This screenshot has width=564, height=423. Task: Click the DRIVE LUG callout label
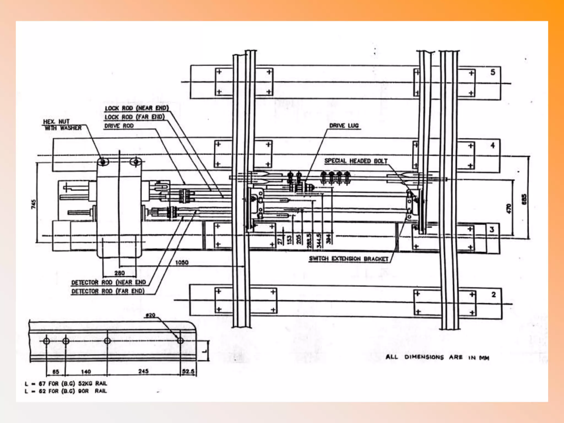[344, 126]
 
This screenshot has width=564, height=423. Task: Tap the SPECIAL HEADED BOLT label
[356, 161]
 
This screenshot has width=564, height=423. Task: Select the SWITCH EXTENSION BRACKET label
[348, 259]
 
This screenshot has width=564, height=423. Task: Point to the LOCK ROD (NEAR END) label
[137, 108]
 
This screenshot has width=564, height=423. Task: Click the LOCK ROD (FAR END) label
[135, 117]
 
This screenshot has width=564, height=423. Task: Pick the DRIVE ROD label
[119, 126]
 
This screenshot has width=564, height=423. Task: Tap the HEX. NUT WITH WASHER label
[62, 125]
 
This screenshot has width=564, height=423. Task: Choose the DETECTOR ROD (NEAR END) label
[109, 282]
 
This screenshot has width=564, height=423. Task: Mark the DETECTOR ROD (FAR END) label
[108, 291]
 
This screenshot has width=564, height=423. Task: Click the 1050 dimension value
[182, 262]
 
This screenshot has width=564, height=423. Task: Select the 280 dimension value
[120, 273]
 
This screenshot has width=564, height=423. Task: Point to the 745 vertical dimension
[34, 204]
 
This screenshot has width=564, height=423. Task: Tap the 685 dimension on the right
[524, 199]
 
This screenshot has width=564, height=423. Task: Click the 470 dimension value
[509, 208]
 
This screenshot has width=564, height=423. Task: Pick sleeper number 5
[493, 72]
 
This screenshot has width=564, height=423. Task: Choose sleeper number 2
[493, 294]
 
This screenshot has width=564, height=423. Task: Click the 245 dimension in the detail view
[143, 371]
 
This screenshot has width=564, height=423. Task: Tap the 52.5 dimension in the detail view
[188, 372]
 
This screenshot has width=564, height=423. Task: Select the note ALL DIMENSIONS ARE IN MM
[437, 357]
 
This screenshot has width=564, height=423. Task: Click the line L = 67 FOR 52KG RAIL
[66, 383]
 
